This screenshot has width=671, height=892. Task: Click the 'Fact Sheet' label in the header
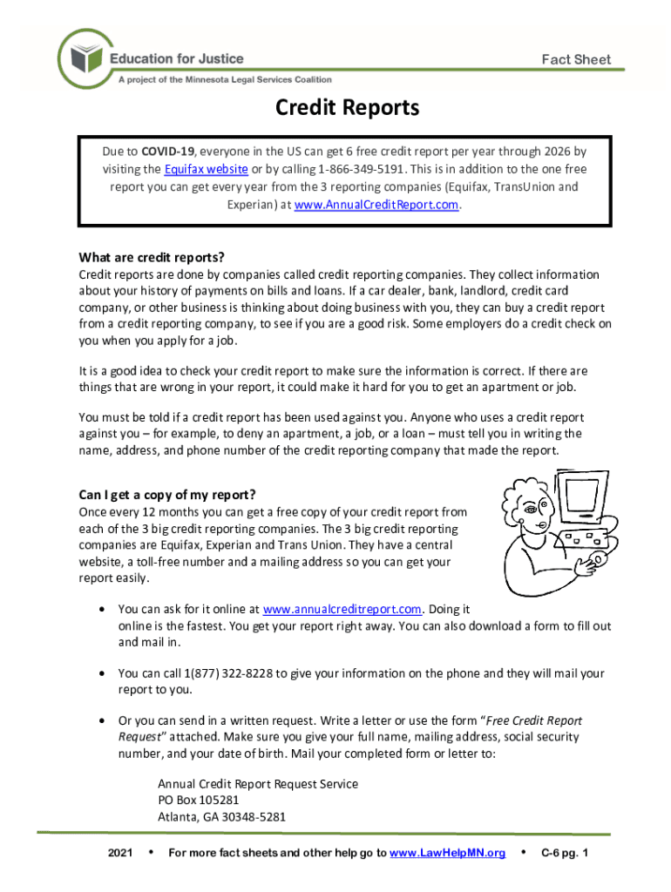click(x=576, y=60)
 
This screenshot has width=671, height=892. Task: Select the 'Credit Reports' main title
click(x=347, y=108)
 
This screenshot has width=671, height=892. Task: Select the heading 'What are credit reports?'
click(x=152, y=257)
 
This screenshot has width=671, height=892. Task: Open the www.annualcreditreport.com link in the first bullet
click(x=342, y=609)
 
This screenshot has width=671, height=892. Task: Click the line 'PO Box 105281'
click(x=198, y=800)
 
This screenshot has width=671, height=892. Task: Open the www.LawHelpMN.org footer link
click(x=448, y=853)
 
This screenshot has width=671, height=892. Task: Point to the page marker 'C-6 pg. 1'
click(x=565, y=853)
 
